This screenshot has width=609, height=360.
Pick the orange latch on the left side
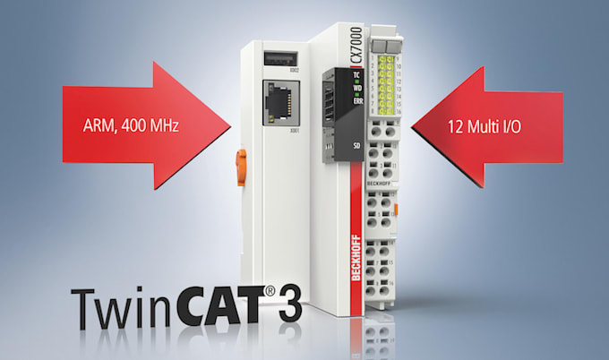tap(241, 167)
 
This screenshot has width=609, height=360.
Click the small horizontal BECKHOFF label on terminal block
tap(380, 183)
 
